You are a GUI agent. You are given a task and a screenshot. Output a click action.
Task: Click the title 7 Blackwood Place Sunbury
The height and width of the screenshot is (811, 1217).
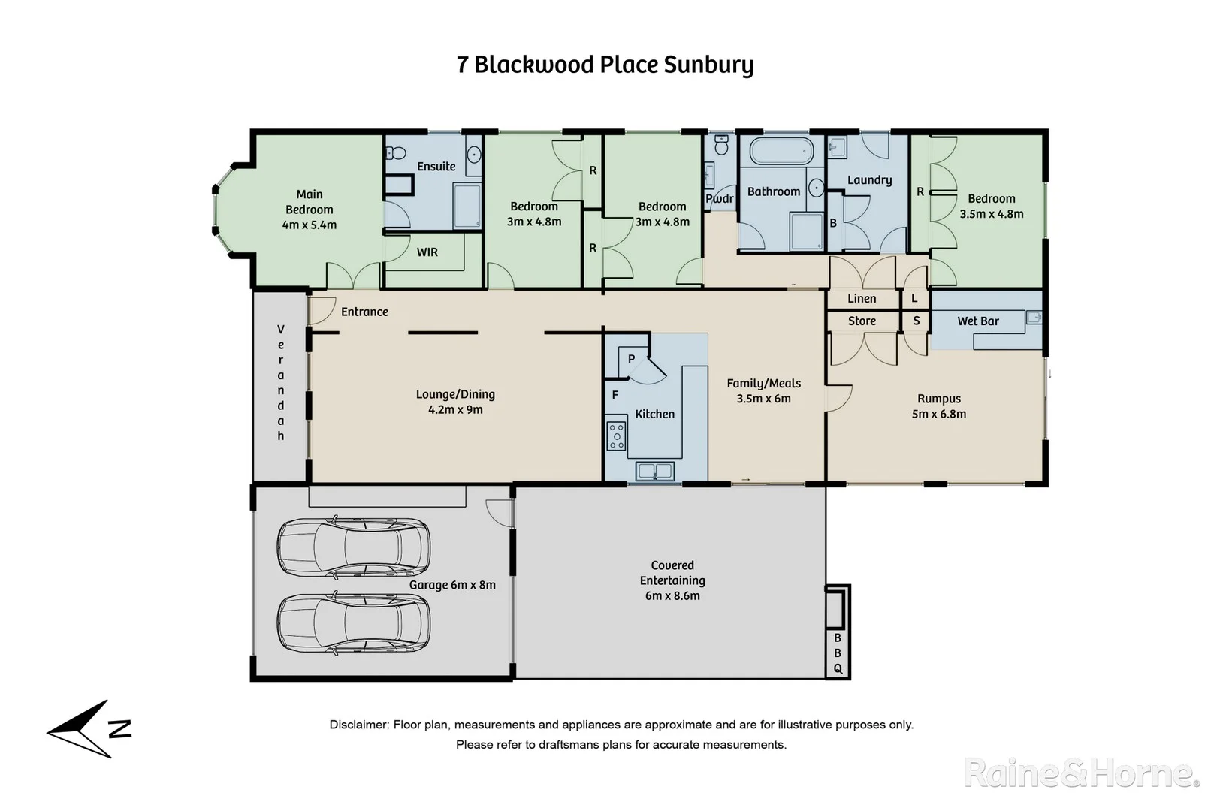point(605,65)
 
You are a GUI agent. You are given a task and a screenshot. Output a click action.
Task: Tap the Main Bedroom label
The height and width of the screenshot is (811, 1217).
point(310,209)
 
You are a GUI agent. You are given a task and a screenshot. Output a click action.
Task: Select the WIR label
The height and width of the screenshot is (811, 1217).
point(427,252)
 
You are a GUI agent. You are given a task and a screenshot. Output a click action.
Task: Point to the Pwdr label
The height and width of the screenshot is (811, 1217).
point(719,199)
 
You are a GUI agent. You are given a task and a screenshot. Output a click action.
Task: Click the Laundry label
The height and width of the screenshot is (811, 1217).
point(869,180)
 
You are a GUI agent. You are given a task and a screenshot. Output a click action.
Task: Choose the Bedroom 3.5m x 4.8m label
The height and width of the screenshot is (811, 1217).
point(991,206)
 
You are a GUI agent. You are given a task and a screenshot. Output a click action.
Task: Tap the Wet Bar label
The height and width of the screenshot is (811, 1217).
point(977,321)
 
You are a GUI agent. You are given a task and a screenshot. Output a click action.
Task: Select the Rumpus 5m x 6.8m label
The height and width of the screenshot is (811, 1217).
point(938,406)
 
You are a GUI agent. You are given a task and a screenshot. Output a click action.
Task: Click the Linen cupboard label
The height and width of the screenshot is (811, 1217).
point(862,299)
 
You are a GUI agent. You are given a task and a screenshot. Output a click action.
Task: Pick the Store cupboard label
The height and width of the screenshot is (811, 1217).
point(862,321)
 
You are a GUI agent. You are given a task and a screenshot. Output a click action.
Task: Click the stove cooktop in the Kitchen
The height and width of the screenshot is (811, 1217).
point(616,436)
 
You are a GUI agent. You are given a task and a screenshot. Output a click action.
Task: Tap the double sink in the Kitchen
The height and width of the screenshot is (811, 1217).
point(654,471)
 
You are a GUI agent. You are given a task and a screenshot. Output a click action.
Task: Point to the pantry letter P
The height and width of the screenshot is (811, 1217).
point(631,359)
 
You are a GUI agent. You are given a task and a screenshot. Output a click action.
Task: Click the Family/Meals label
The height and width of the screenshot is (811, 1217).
point(763,390)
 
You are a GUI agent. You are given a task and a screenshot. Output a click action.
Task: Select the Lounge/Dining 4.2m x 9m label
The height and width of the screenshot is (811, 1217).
point(455,402)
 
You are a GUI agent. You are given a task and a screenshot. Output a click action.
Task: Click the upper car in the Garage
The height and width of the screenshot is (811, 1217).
point(353,547)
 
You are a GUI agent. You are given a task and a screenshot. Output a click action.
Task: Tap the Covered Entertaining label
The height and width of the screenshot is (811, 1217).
point(672,580)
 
